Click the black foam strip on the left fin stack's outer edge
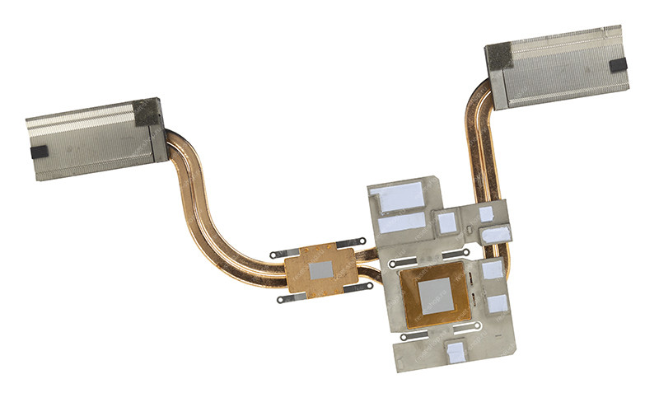tap(39, 153)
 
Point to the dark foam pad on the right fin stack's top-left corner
tap(498, 56)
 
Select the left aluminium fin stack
tap(91, 140)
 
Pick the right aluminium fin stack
tap(560, 70)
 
